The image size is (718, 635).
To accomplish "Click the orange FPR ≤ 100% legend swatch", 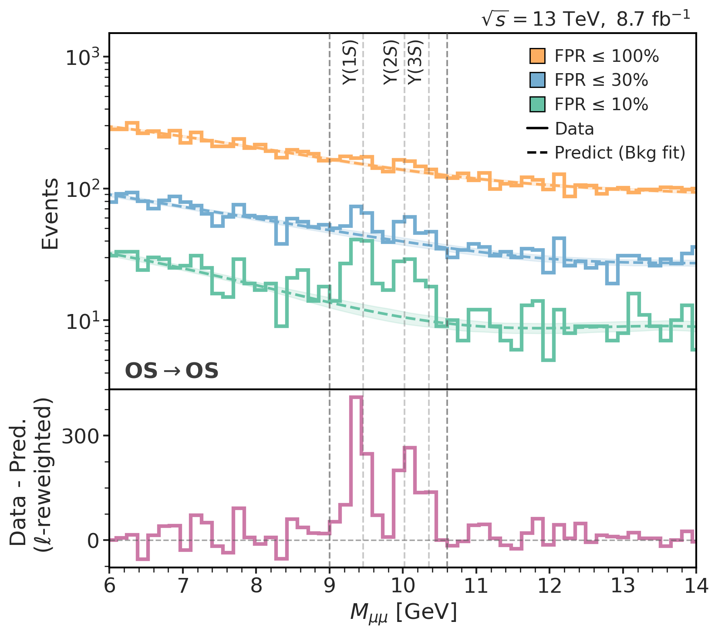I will tap(537, 56).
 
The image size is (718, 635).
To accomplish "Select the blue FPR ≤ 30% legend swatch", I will tap(537, 80).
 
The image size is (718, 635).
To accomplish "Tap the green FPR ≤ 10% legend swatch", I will tap(537, 105).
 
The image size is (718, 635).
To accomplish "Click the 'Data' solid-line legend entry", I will tap(574, 129).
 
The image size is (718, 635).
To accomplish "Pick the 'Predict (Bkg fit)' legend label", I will tap(620, 153).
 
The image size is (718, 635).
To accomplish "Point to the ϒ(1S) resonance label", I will tap(350, 62).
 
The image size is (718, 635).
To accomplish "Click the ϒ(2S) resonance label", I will tap(391, 62).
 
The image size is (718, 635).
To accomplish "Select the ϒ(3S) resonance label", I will tap(416, 62).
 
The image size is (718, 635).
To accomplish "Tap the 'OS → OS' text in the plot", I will tap(172, 371).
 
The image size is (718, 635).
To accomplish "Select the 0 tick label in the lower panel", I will tap(93, 540).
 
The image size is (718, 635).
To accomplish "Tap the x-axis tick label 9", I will tap(330, 586).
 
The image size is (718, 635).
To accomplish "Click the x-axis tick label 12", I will tap(549, 586).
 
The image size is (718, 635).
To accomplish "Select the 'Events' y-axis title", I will tap(51, 213).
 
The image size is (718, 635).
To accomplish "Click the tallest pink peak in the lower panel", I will tap(356, 397).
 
